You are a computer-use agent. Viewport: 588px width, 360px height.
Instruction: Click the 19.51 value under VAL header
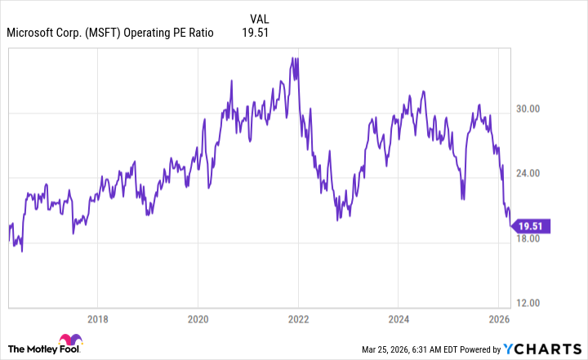click(x=256, y=33)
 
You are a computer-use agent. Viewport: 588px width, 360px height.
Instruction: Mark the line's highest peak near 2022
click(x=292, y=58)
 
